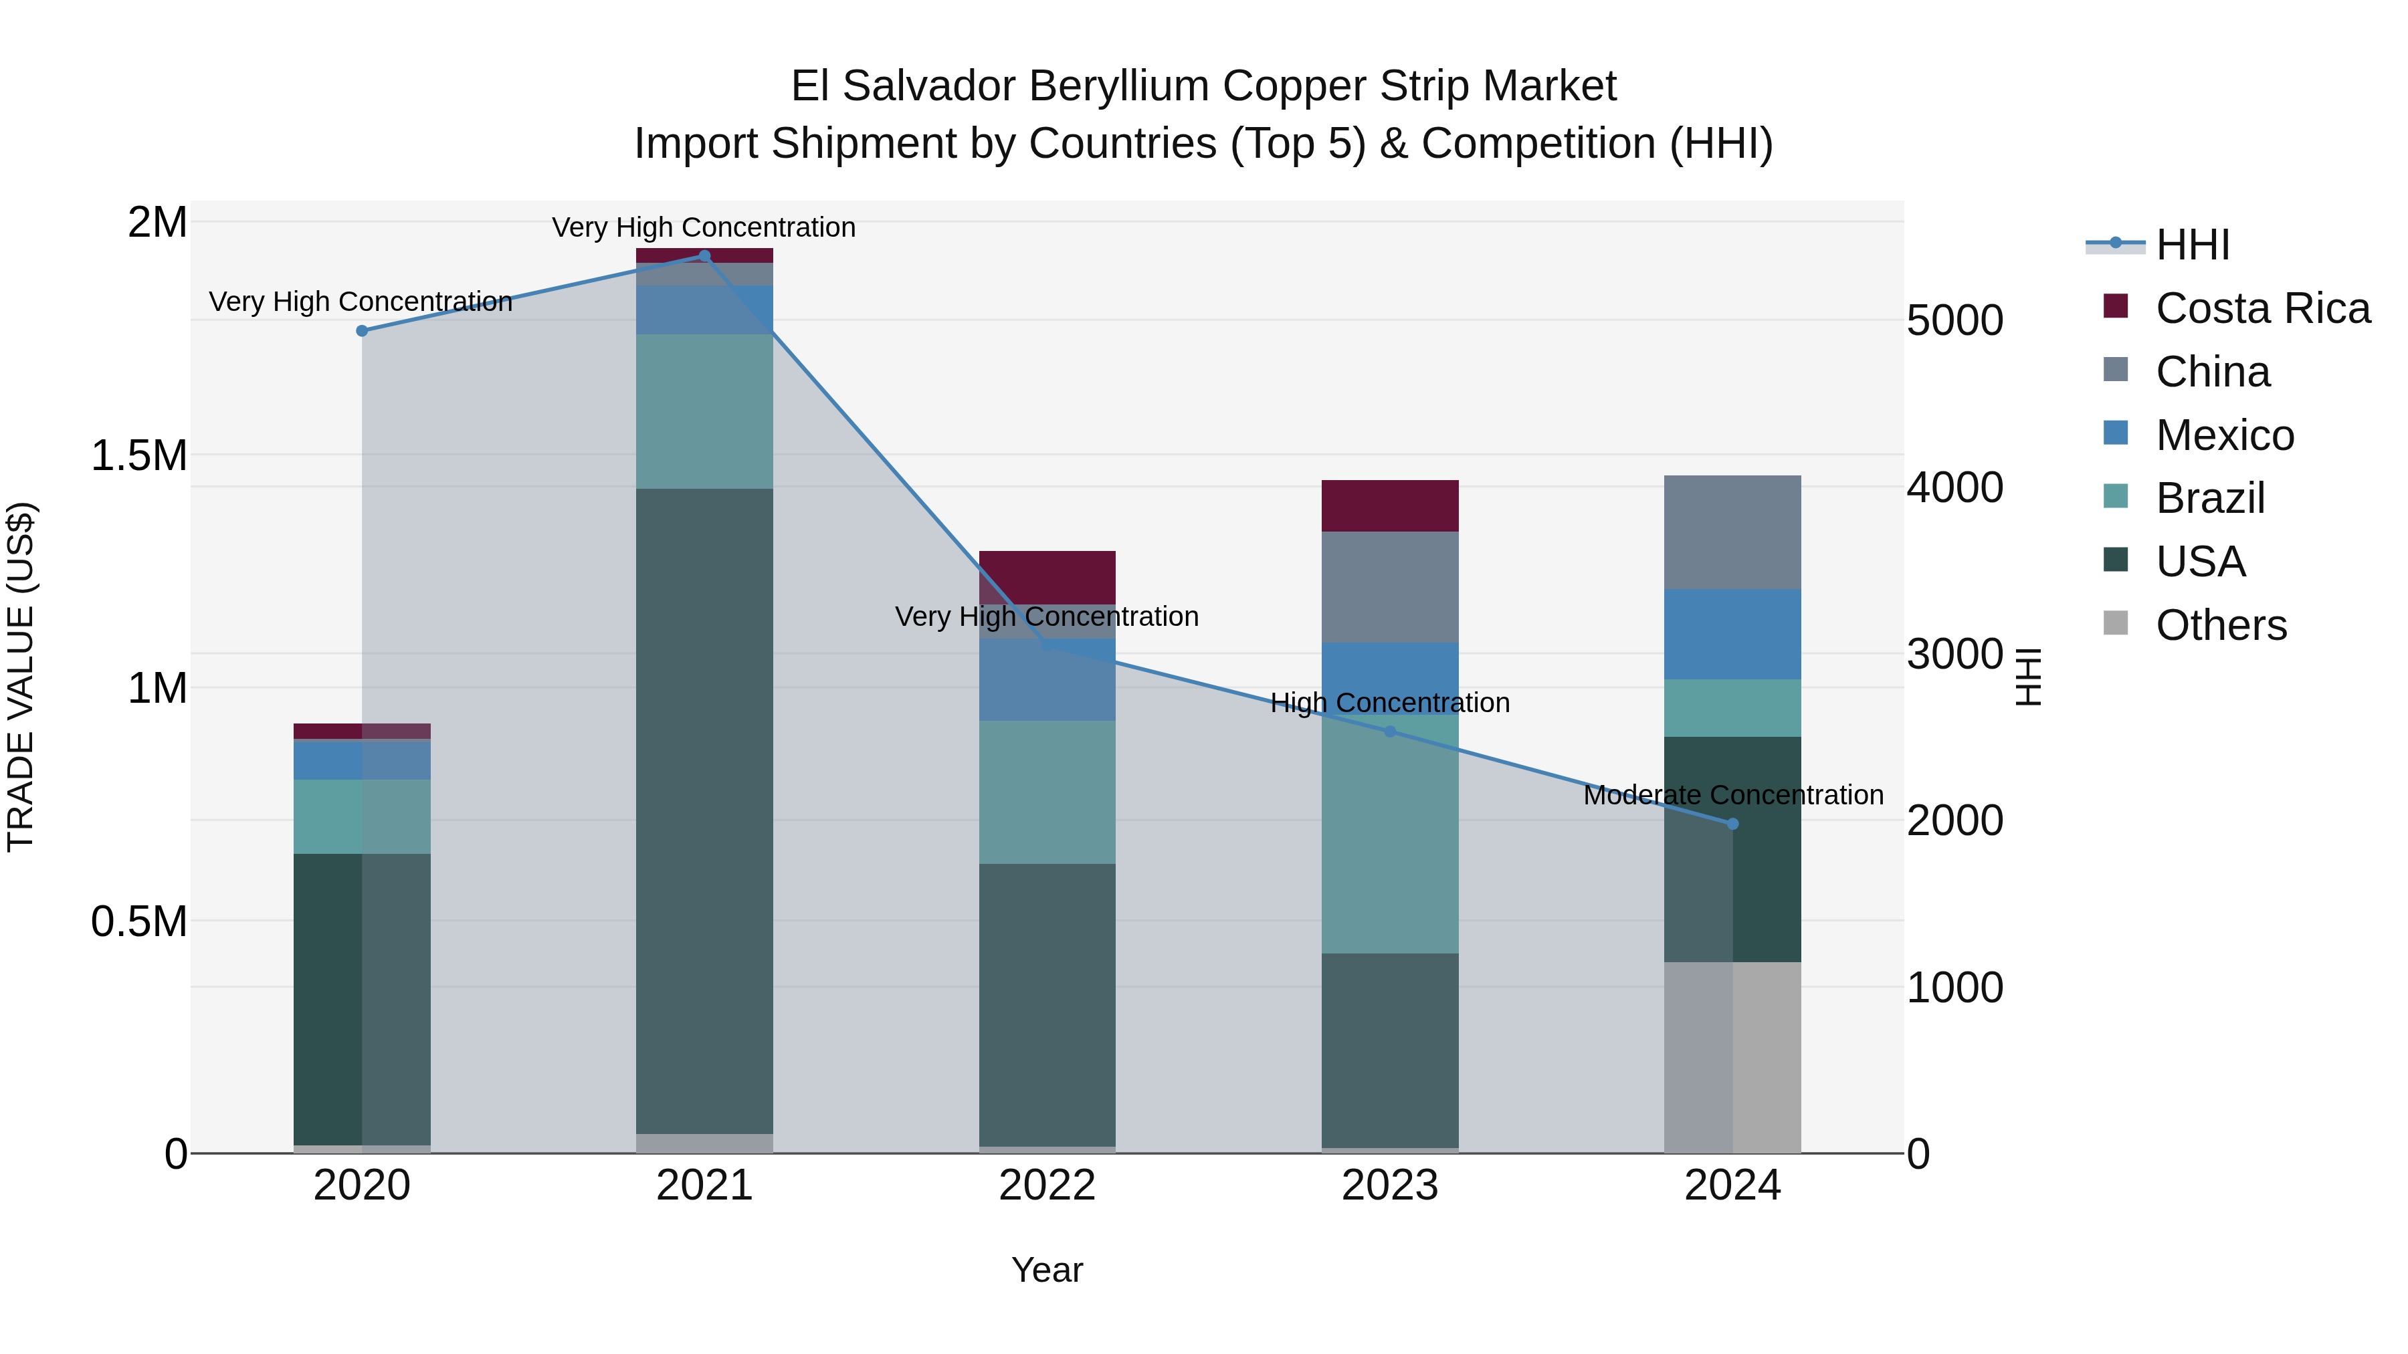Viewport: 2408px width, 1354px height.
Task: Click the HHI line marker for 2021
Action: [705, 256]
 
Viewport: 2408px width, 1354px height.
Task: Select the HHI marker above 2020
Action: [363, 331]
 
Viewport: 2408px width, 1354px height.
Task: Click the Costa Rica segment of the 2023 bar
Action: [1389, 505]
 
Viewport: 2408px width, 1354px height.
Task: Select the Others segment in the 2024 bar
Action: [1732, 1057]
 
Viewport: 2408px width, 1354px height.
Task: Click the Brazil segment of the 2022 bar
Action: [1047, 792]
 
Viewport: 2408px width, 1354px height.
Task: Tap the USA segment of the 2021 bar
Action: [705, 810]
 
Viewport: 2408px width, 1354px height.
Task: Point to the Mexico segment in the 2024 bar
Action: [1732, 634]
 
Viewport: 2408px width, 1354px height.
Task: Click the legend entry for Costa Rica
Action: [2262, 308]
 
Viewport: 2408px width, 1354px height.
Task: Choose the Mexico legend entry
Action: [2225, 435]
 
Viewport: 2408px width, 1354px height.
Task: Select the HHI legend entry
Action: [2192, 245]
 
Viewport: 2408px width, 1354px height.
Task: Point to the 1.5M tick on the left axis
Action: [139, 456]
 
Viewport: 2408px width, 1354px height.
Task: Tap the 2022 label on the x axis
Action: [1047, 1186]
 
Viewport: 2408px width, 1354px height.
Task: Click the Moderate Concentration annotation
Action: [1733, 795]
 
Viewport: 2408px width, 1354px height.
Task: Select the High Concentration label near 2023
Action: [1389, 703]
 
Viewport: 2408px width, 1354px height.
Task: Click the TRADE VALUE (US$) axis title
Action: [21, 677]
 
